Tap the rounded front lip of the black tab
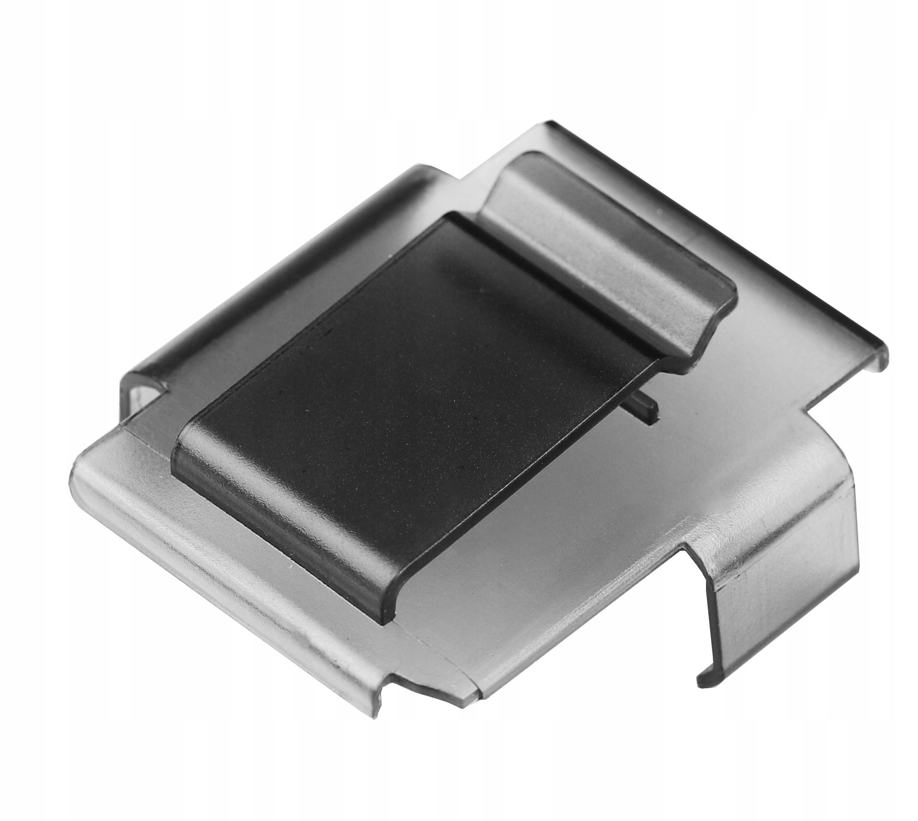pos(271,523)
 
